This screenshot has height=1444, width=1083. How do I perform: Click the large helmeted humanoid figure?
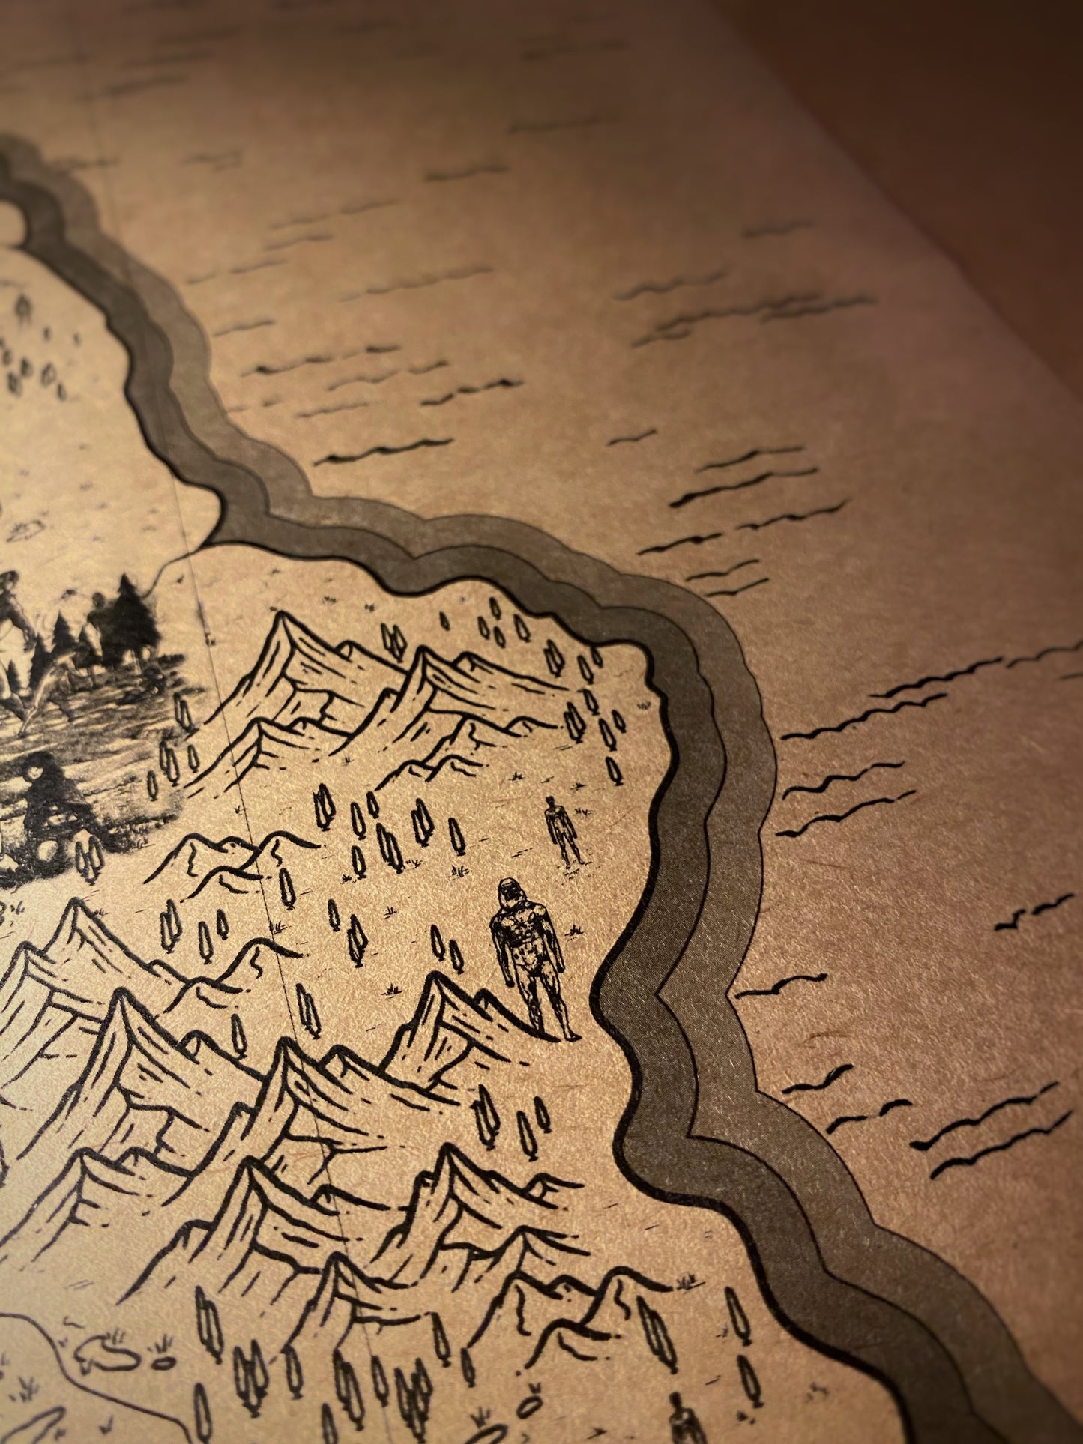(531, 959)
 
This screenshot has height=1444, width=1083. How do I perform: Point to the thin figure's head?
(553, 802)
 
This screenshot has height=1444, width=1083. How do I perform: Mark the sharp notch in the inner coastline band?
(660, 997)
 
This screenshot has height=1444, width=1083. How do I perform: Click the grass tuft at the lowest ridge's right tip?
(684, 1284)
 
